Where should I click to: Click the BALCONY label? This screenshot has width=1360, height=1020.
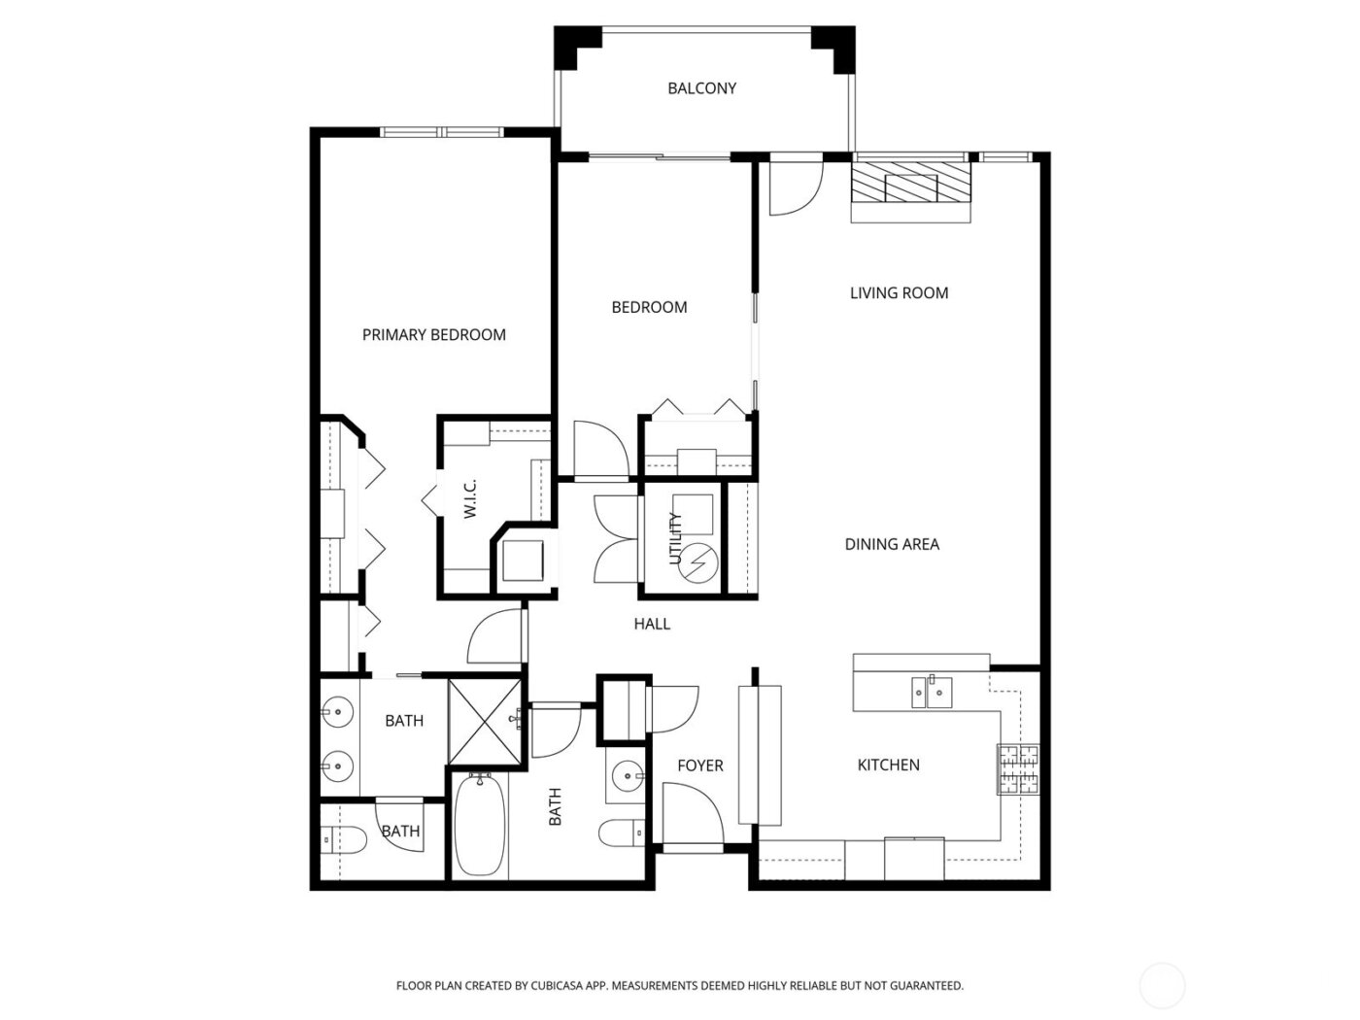(701, 88)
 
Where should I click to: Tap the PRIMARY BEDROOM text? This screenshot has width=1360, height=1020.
(433, 335)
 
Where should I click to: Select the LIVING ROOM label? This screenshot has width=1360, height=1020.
(899, 292)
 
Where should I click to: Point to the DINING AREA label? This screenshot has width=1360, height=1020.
(892, 544)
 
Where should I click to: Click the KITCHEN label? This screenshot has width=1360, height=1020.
(888, 765)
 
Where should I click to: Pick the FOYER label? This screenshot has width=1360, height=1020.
(699, 766)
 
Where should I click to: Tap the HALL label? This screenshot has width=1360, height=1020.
(652, 625)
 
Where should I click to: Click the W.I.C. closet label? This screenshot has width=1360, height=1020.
(469, 498)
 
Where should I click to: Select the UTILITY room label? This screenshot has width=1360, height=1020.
(676, 539)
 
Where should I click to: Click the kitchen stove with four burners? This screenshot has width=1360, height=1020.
(1017, 769)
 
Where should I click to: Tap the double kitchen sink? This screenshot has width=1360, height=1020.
(931, 693)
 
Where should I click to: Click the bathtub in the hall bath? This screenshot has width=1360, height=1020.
(479, 826)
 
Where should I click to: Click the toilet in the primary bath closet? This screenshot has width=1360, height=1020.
(345, 839)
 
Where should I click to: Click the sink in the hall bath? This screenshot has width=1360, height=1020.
(626, 775)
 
